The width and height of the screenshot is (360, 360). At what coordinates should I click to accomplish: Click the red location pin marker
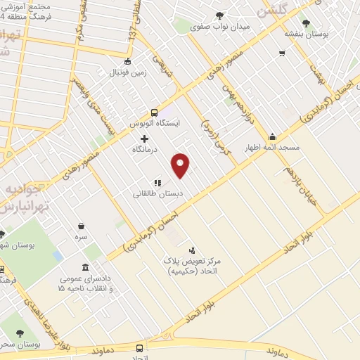pos(181,165)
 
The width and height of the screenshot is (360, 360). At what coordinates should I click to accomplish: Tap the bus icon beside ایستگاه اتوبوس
pos(155,112)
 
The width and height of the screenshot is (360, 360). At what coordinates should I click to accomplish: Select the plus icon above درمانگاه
pos(144,139)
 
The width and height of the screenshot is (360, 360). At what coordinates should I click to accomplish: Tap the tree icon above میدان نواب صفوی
pos(220,16)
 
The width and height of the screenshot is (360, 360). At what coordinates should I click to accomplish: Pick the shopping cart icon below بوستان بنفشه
pos(282,53)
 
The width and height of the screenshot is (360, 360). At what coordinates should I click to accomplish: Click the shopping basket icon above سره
pos(82,226)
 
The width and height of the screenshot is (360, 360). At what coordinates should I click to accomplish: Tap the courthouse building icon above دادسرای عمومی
pos(85,268)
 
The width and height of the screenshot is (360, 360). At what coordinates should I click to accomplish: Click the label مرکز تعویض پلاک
pos(193,261)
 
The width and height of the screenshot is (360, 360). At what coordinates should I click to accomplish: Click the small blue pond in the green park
pos(56,256)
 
